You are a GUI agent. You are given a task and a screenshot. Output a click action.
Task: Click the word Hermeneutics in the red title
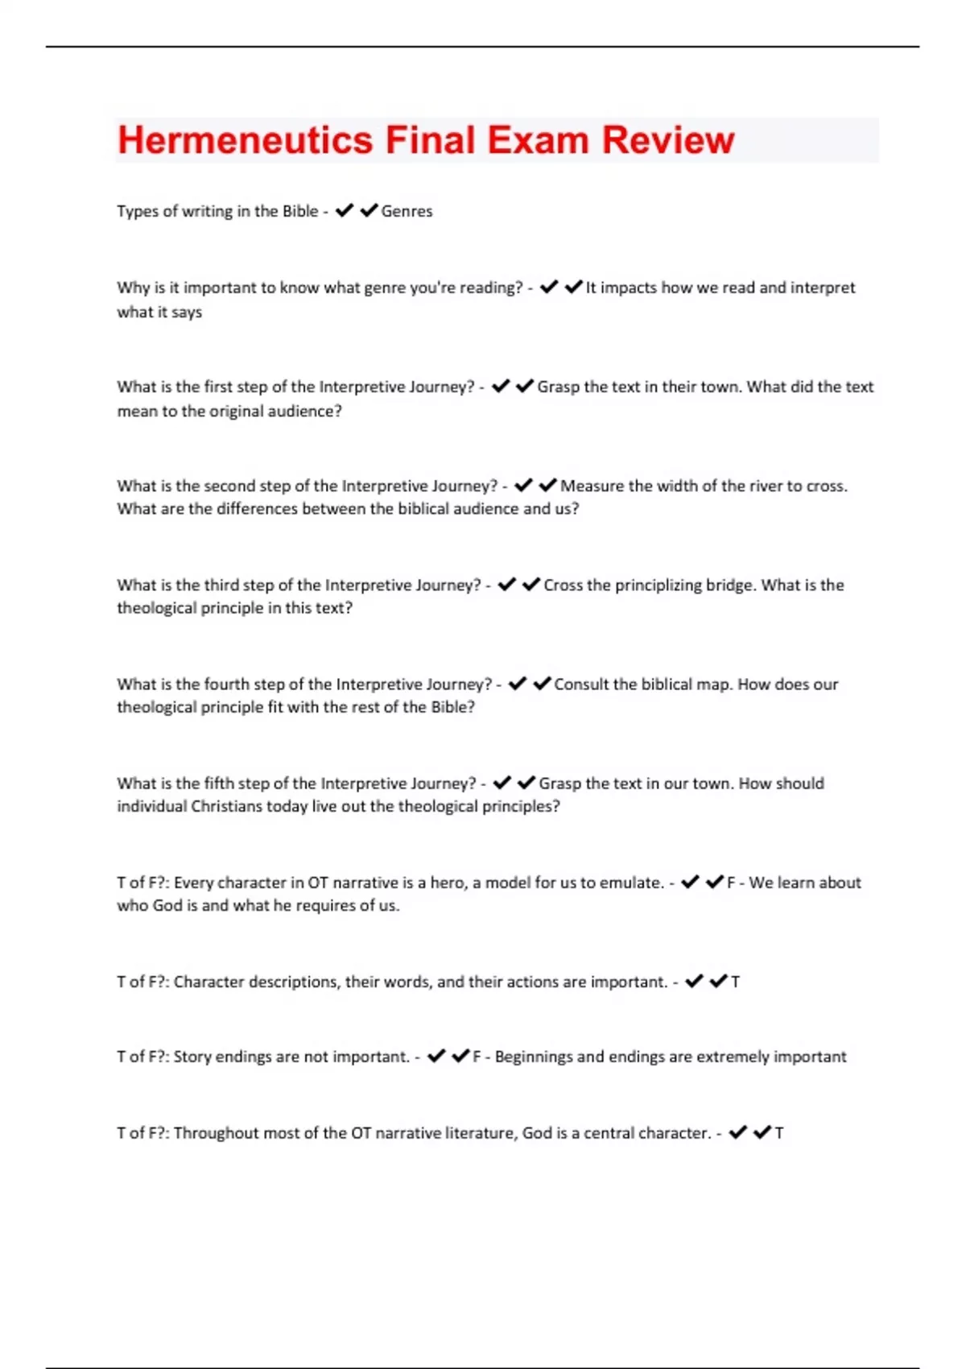(x=245, y=140)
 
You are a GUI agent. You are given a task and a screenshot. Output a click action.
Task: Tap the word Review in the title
(x=668, y=140)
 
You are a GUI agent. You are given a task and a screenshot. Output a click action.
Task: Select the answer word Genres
(x=407, y=211)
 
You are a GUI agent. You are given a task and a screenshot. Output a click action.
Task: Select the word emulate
(x=631, y=883)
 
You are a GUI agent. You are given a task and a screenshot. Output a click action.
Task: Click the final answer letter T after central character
(x=778, y=1133)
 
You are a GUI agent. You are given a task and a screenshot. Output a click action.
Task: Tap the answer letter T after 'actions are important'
(x=735, y=982)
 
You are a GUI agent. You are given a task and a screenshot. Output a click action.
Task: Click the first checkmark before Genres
(x=345, y=211)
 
